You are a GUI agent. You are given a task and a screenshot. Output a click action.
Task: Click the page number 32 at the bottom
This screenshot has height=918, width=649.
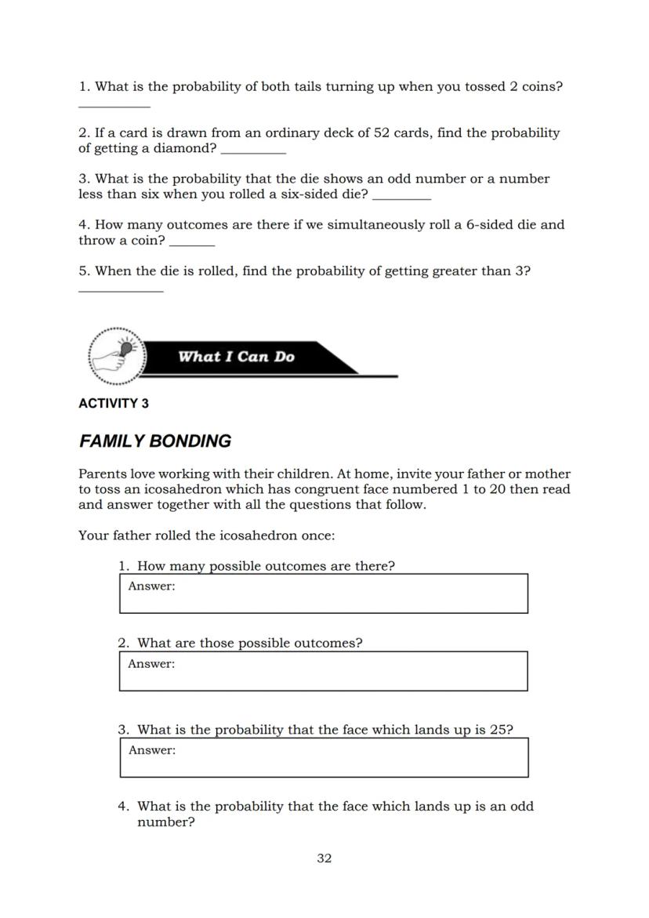324,858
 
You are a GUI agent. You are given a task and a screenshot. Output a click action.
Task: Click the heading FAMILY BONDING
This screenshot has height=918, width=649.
155,441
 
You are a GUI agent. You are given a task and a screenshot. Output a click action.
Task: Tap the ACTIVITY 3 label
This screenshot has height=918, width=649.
114,404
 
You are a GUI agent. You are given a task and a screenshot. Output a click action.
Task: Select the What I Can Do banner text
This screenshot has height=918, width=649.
236,357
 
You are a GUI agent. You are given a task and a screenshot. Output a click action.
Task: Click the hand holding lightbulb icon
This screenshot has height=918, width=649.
117,357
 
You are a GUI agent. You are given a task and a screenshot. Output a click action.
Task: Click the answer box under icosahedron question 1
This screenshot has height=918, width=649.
324,593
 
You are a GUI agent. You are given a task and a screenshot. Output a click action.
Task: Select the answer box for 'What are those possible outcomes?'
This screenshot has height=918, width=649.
324,671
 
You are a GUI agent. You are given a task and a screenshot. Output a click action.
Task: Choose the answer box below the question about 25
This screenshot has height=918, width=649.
324,757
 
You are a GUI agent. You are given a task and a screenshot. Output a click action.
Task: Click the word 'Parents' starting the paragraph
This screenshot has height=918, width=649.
103,474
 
